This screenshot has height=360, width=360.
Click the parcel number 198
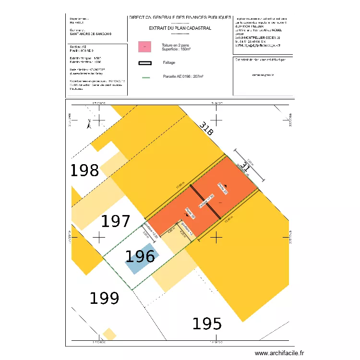[x=85, y=170]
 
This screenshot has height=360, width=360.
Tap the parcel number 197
[x=115, y=221]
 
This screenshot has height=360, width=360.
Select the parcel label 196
[x=140, y=257]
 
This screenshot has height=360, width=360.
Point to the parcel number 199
[x=105, y=299]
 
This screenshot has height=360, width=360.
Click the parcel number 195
[x=207, y=324]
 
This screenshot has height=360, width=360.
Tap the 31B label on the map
[x=207, y=130]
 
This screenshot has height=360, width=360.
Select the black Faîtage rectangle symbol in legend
[x=144, y=63]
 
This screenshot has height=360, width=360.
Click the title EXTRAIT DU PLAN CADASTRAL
[x=180, y=28]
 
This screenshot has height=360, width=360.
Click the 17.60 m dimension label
[x=180, y=186]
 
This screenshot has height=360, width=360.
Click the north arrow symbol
[x=88, y=124]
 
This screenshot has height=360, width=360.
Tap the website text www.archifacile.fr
[x=279, y=353]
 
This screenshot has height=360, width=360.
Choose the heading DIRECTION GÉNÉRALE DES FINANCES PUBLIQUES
[x=180, y=17]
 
